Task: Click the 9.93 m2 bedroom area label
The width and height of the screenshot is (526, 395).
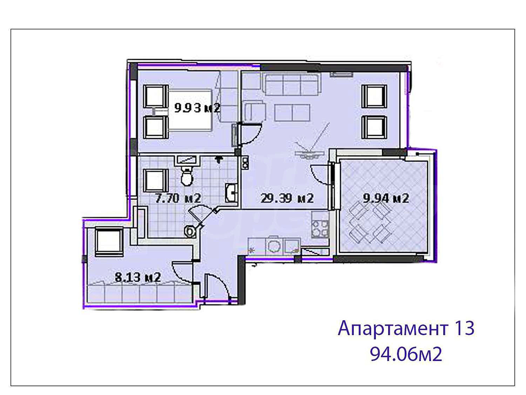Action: (197, 108)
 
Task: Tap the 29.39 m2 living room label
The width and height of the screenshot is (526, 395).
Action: (287, 199)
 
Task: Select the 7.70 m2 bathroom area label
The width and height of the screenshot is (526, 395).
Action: (178, 199)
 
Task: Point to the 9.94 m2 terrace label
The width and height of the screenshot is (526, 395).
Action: (386, 199)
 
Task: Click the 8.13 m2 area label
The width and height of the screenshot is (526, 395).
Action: (137, 277)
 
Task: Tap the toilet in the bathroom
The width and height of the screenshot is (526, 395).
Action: (187, 176)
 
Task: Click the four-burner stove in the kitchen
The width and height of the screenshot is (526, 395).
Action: (320, 229)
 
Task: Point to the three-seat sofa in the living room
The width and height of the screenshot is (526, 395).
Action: (292, 84)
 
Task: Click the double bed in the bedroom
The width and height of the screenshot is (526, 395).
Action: (189, 110)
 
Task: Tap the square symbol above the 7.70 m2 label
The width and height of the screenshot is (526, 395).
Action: (156, 180)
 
